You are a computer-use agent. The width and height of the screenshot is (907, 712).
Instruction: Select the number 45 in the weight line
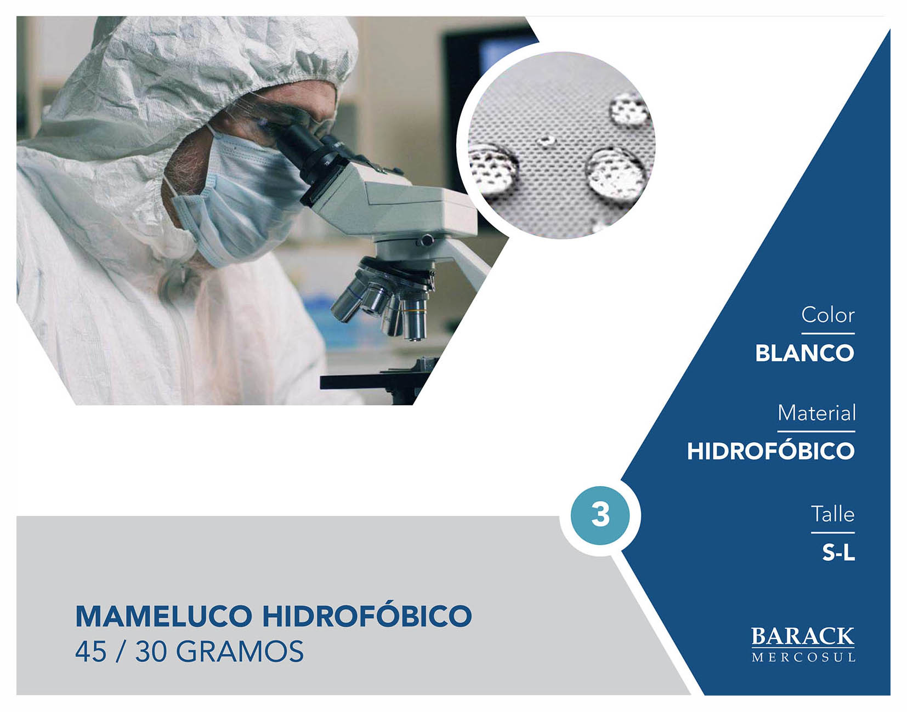(x=90, y=652)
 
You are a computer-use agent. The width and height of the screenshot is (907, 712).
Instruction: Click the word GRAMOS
(x=240, y=652)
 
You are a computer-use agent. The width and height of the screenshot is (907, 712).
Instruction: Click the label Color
(x=827, y=315)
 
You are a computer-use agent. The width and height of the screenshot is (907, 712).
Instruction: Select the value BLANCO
(x=805, y=353)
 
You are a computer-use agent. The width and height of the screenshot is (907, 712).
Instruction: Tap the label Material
(x=817, y=413)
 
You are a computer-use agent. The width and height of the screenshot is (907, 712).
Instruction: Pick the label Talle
(x=833, y=514)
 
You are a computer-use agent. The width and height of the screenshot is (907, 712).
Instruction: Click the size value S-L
(x=838, y=552)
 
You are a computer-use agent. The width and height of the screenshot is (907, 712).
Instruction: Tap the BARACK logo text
(x=803, y=636)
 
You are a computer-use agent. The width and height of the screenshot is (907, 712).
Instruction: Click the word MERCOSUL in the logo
(x=803, y=657)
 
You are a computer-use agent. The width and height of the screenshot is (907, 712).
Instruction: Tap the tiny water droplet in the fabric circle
(x=546, y=140)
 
